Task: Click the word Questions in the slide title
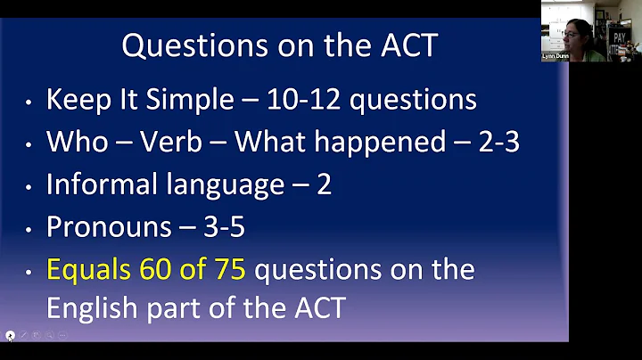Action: (x=183, y=45)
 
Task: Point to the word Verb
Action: (x=178, y=142)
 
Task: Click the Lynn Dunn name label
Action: (x=556, y=55)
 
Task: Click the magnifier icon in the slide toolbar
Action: (x=50, y=336)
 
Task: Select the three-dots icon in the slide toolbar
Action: (x=62, y=336)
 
